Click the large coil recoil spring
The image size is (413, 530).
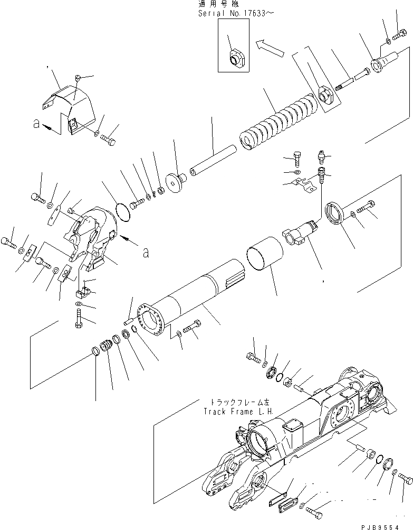pyautogui.click(x=280, y=124)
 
